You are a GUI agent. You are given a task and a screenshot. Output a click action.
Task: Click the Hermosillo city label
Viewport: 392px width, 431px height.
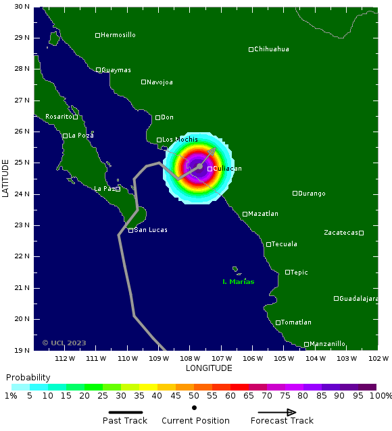118,35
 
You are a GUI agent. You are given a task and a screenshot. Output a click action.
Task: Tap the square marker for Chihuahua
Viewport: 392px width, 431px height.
251,49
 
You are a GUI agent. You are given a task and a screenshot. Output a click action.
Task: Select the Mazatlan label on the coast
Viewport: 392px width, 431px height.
263,214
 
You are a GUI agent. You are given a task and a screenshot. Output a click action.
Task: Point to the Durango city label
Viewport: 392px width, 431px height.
312,194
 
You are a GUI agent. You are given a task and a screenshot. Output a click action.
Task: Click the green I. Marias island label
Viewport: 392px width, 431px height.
239,282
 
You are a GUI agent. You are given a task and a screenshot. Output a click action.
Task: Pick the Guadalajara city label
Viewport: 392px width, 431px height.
358,299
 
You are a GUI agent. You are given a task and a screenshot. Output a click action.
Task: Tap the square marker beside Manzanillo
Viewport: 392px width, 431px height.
306,344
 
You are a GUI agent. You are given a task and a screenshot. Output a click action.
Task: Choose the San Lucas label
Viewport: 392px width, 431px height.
151,230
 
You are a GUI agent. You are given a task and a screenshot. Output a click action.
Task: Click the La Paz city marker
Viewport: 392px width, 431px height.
118,189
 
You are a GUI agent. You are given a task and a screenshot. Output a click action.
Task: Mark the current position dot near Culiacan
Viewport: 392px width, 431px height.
200,166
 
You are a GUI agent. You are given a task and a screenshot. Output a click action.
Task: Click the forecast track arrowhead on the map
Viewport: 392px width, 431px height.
213,151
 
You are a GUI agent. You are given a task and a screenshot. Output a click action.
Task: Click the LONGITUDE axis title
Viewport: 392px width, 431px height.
209,368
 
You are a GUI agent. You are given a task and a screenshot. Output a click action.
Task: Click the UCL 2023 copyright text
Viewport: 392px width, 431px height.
64,343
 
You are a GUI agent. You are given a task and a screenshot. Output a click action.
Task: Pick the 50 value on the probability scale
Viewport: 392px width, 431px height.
194,396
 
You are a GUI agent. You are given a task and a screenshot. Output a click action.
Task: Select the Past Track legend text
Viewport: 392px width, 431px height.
124,421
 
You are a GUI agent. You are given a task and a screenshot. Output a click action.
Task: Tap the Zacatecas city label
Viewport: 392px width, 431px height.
340,233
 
